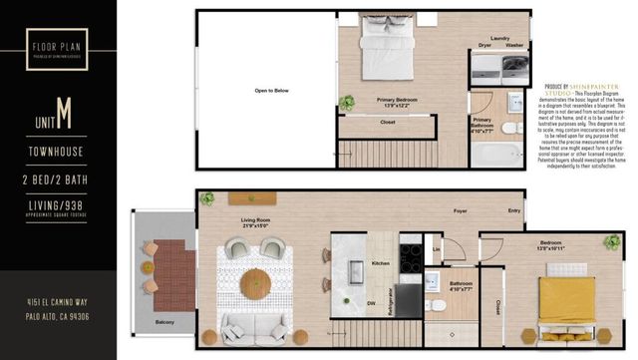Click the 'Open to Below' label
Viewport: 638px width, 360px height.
click(271, 91)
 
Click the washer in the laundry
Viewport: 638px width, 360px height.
click(516, 67)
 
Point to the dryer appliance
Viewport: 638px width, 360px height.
click(487, 67)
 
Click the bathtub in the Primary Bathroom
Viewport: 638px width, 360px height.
click(495, 155)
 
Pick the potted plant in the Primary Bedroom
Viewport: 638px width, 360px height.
click(346, 102)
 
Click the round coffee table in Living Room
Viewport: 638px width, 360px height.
click(255, 282)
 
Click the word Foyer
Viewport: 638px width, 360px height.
click(461, 210)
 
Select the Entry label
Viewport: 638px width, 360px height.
click(513, 210)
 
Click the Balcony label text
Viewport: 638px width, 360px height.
click(163, 322)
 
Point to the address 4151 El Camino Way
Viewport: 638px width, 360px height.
click(57, 301)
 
